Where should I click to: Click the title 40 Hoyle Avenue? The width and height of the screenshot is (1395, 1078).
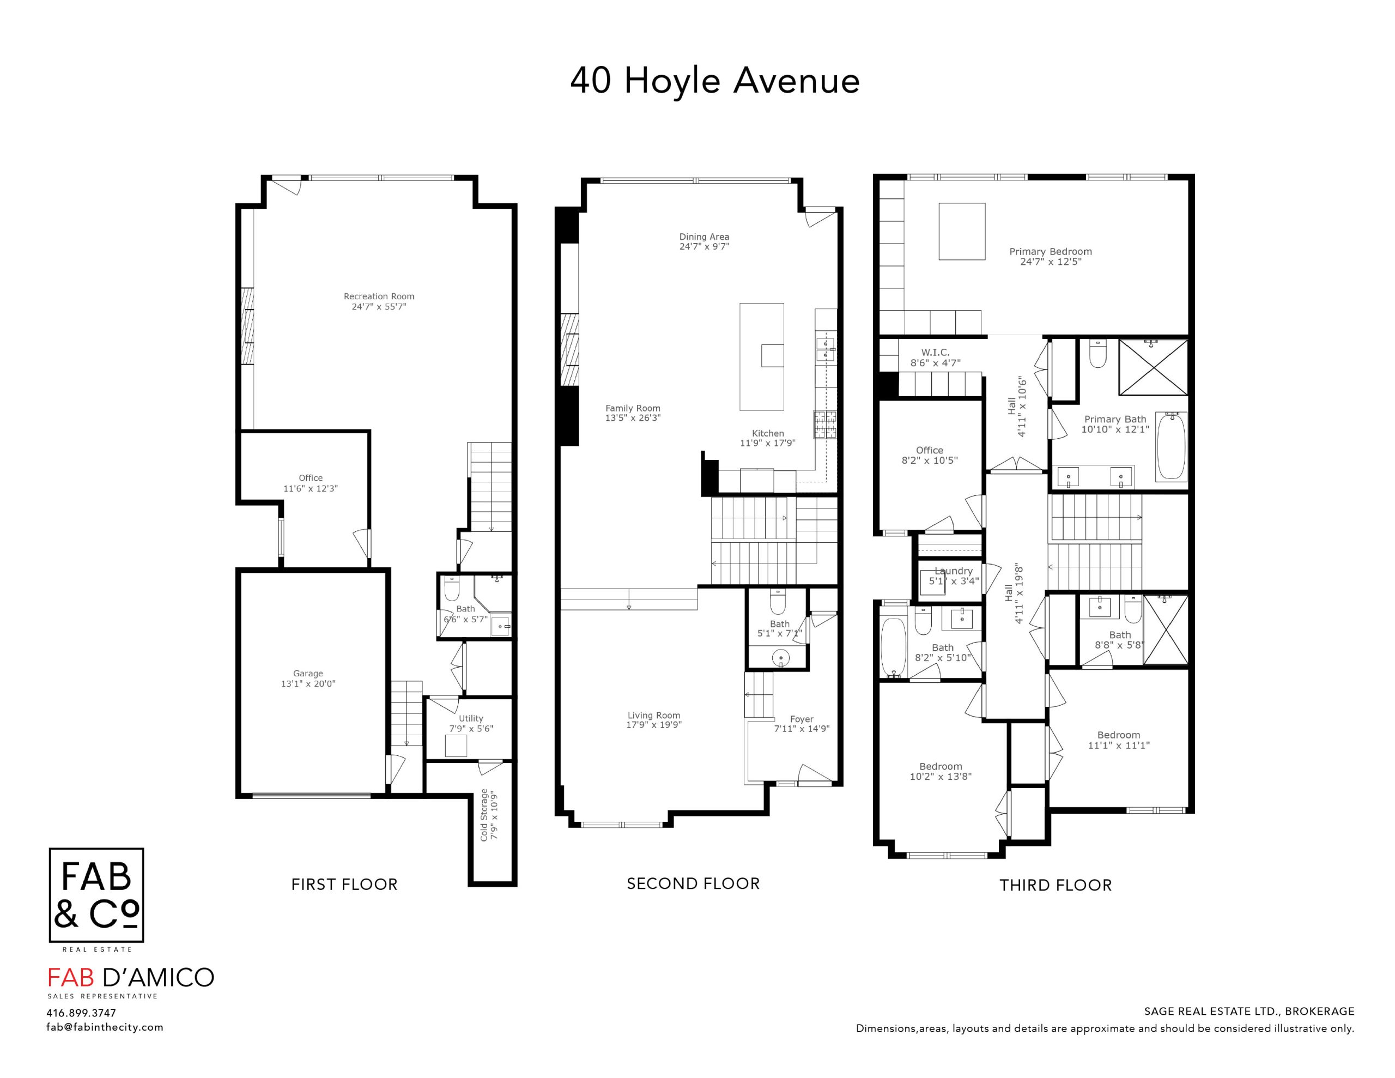tap(715, 81)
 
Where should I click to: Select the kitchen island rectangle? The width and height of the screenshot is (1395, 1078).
tap(761, 356)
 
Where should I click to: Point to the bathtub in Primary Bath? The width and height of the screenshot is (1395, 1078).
tap(1172, 446)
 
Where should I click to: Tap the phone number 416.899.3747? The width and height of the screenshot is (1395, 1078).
tap(81, 1013)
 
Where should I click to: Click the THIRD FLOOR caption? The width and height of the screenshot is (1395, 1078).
tap(1056, 885)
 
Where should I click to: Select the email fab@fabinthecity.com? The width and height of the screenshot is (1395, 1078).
tap(105, 1027)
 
